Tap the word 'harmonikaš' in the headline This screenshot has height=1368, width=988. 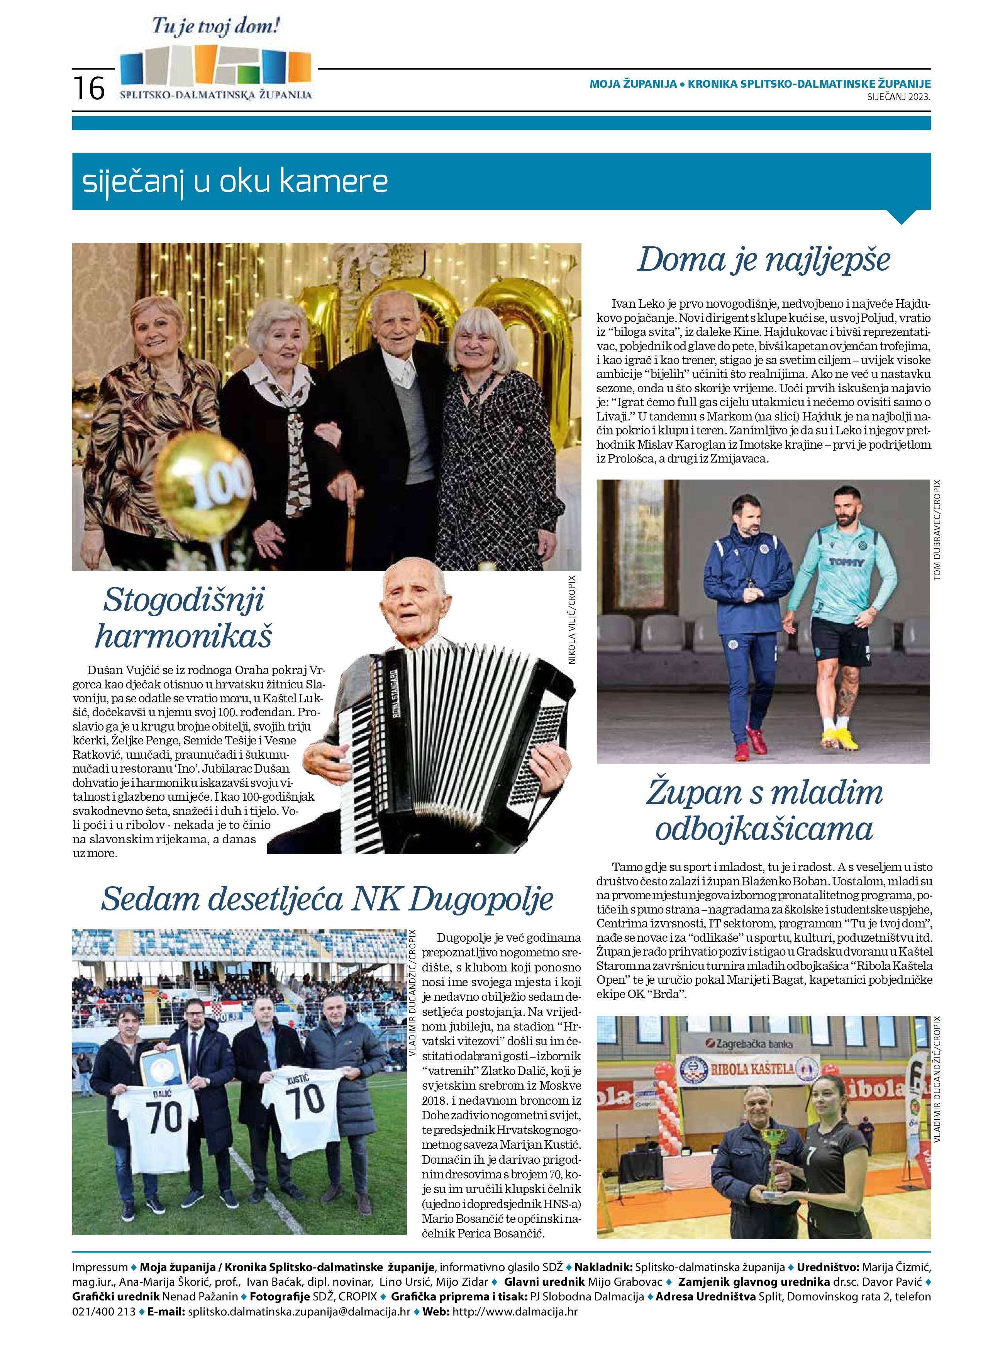(x=183, y=636)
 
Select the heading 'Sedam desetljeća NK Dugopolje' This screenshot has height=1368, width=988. (x=326, y=899)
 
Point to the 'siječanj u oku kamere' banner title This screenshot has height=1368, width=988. (x=235, y=181)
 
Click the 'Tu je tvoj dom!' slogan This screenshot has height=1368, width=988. (x=216, y=27)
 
